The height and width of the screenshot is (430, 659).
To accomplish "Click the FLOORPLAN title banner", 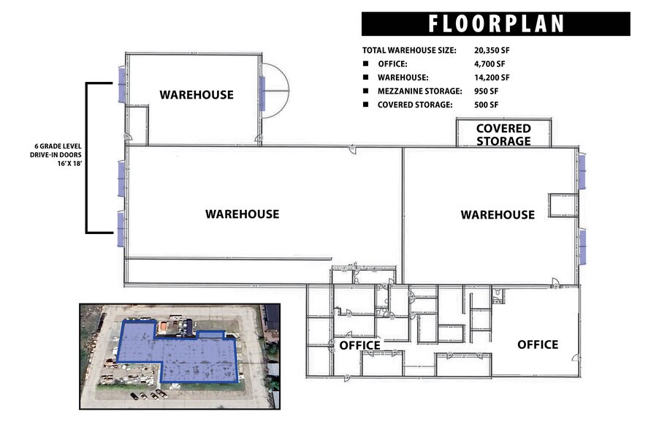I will (495, 23).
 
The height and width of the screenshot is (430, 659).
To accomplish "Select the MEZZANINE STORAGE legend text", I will (419, 91).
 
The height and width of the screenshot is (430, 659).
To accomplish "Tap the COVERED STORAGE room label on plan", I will (503, 135).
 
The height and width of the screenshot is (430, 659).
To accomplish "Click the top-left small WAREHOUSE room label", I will (197, 94).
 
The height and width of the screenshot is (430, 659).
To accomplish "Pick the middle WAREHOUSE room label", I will (242, 214).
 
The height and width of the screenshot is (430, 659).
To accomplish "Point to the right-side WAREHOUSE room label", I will (497, 215).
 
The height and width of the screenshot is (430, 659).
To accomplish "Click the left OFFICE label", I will (360, 345).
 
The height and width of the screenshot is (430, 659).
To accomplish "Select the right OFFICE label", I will (538, 344).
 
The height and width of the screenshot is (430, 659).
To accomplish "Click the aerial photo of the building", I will (179, 355).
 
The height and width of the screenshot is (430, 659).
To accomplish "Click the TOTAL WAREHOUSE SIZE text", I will (409, 50).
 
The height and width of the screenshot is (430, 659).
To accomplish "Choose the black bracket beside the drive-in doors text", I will (88, 158).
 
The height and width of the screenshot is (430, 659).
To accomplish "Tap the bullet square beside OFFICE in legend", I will (366, 64).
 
